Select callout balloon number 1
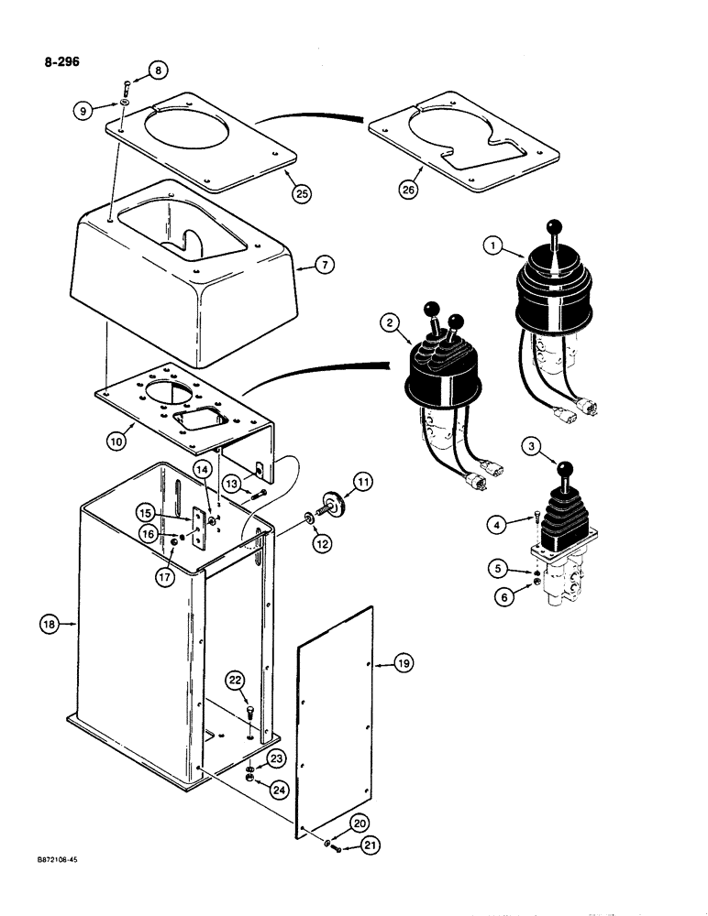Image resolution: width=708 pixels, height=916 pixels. (493, 245)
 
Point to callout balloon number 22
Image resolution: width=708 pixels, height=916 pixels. (235, 680)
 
